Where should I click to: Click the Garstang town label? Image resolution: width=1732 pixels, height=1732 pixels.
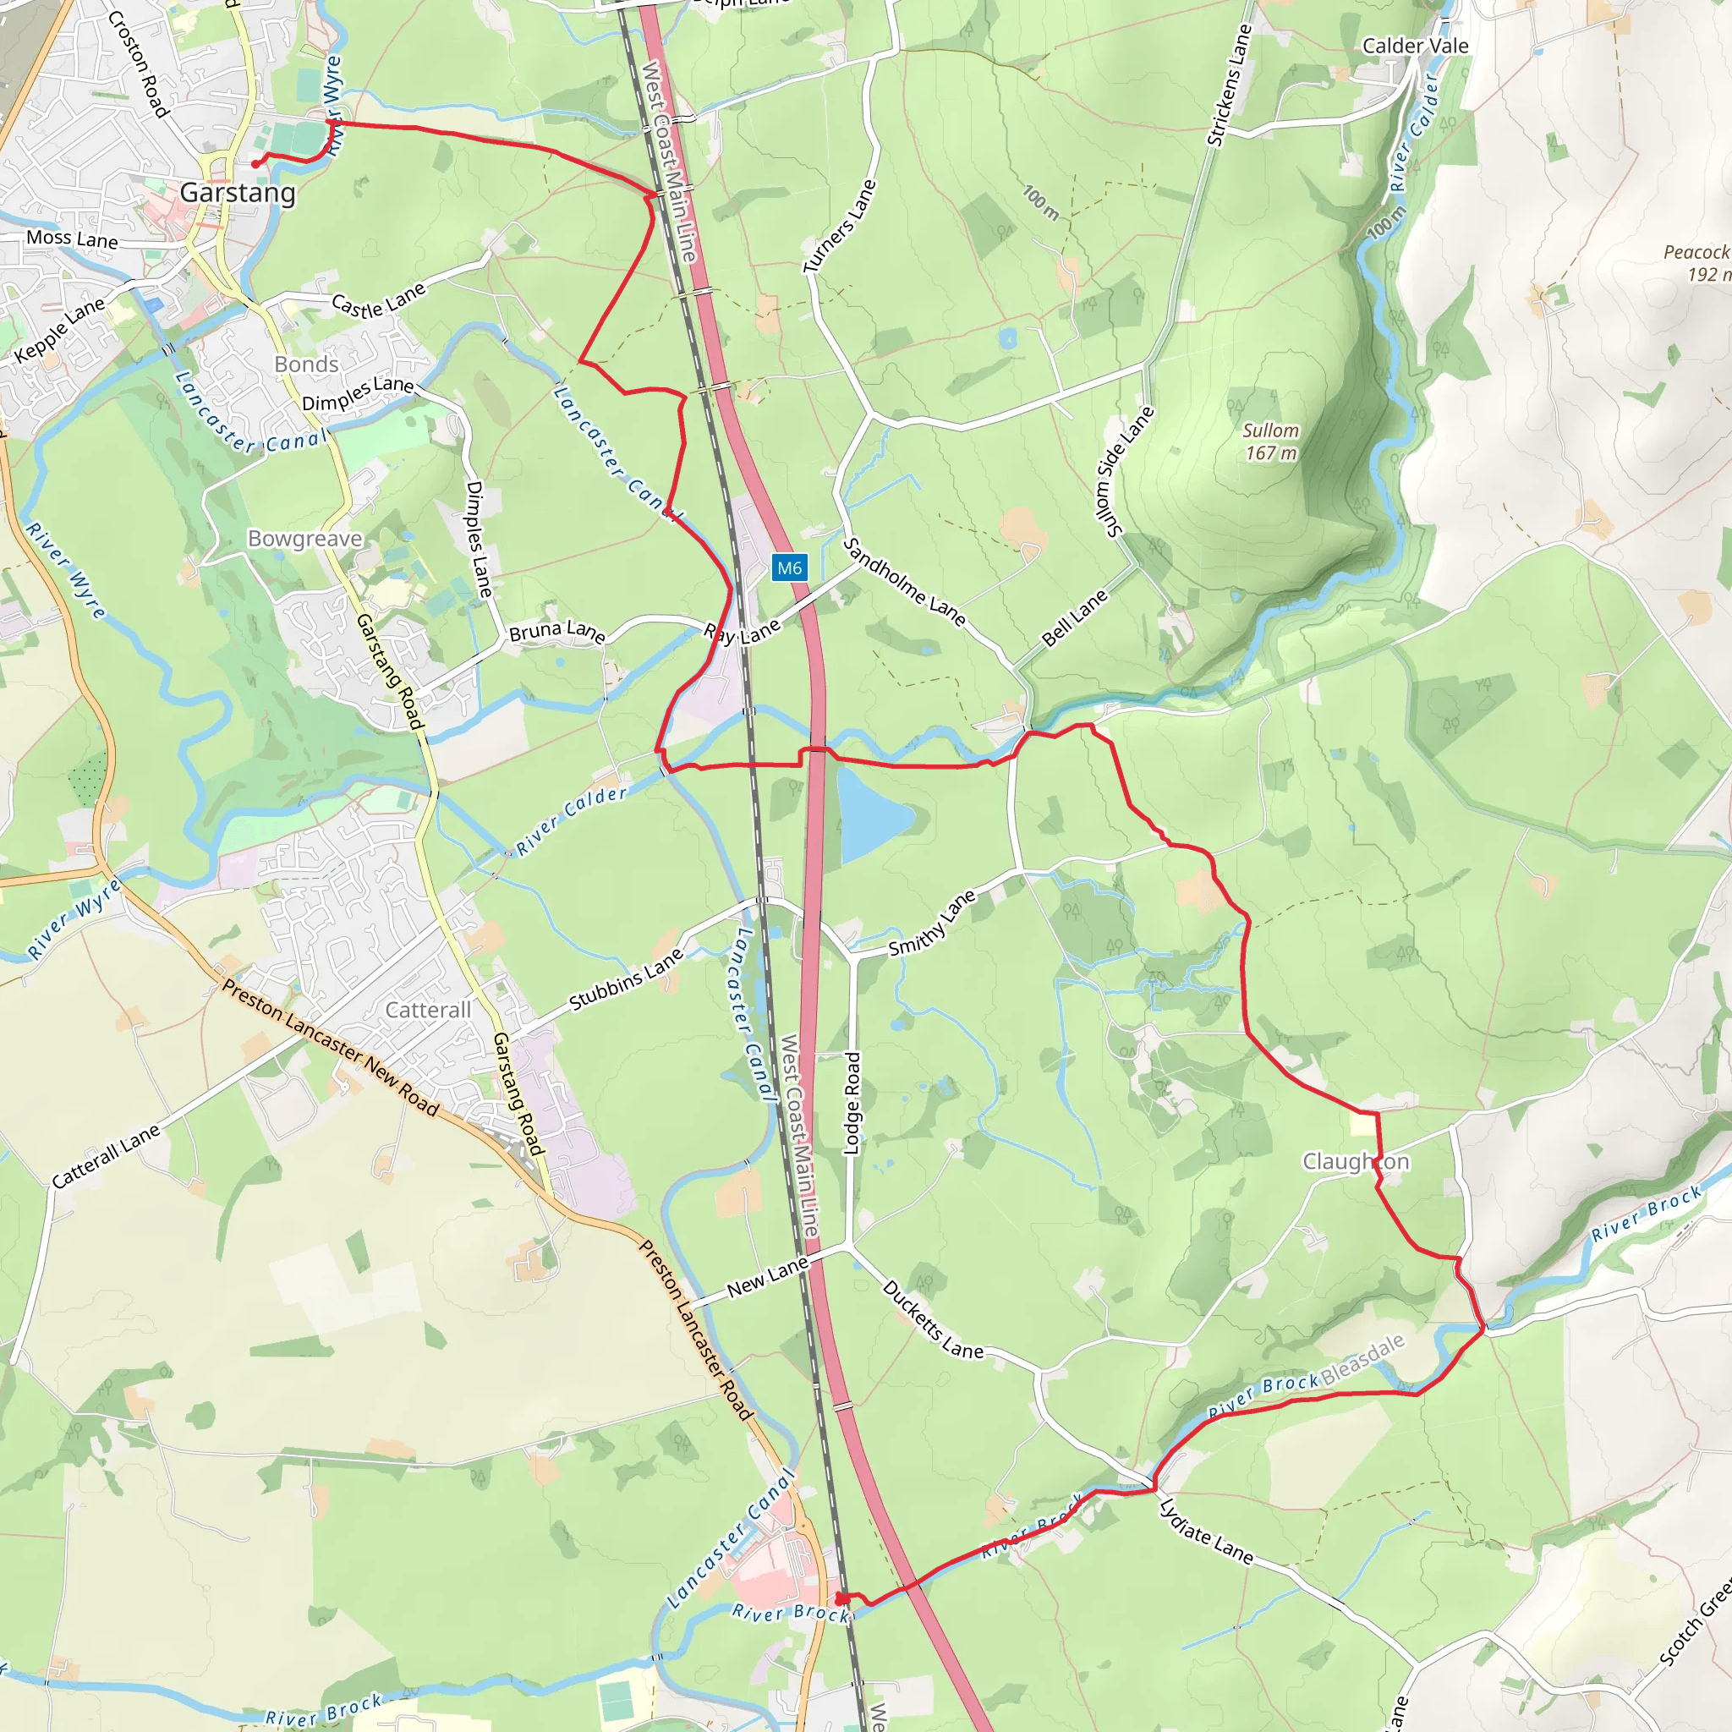pos(238,193)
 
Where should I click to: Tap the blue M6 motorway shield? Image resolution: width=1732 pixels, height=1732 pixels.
pos(789,567)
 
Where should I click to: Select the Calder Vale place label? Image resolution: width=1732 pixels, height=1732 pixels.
pos(1415,46)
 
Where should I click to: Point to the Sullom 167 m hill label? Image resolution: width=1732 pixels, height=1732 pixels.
pos(1270,441)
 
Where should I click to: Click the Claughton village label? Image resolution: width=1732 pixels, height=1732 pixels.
pos(1356,1162)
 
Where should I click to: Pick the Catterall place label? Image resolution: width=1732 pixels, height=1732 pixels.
pos(428,1011)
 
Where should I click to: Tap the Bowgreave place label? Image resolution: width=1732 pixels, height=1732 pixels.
pos(304,539)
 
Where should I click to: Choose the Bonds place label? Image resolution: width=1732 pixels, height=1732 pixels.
pos(307,364)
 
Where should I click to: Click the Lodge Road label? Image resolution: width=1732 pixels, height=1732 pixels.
pos(852,1104)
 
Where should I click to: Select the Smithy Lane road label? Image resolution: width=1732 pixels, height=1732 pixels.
pos(931,924)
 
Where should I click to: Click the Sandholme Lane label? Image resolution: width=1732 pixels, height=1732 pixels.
pos(905,582)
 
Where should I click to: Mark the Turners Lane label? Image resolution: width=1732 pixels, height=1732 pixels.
pos(839,226)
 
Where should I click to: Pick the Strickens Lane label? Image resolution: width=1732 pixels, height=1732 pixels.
pos(1229,85)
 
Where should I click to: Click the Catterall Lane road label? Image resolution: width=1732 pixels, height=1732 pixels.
pos(106,1156)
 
